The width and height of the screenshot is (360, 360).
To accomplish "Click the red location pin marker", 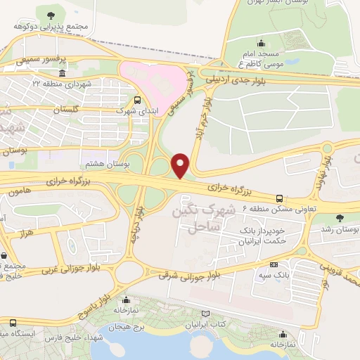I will coord(181,165).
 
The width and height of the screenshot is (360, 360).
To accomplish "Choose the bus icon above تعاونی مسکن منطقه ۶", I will coord(280,198).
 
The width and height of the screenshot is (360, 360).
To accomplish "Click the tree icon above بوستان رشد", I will coord(340,218).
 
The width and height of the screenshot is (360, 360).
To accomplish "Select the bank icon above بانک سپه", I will coord(273,265).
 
